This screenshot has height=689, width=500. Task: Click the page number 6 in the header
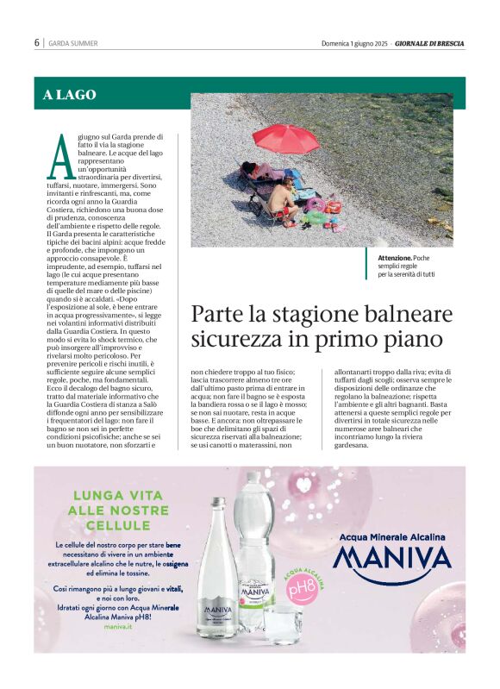(x=37, y=43)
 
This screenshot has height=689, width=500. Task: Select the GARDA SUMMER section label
(x=73, y=43)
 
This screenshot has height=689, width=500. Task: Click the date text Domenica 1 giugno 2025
(x=355, y=43)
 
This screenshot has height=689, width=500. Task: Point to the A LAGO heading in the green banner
(x=70, y=95)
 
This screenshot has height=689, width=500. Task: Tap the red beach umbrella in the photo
(x=285, y=137)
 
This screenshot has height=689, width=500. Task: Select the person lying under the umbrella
(x=259, y=170)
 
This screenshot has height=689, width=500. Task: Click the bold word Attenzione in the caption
(x=394, y=258)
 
